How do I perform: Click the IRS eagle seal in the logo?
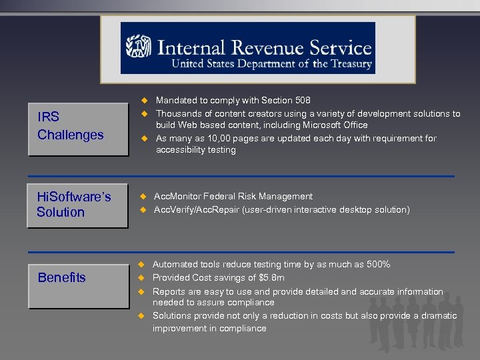tap(139, 48)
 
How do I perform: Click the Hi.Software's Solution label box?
tap(77, 205)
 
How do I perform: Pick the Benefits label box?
tap(77, 278)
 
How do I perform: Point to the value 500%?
tap(376, 265)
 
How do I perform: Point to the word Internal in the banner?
tap(188, 48)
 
